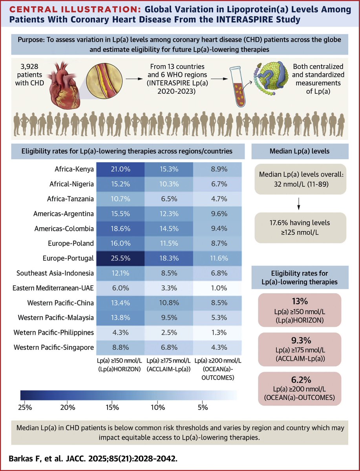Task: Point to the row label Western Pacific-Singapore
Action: click(x=54, y=347)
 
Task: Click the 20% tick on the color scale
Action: click(x=67, y=408)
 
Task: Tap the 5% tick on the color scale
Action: click(x=203, y=408)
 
